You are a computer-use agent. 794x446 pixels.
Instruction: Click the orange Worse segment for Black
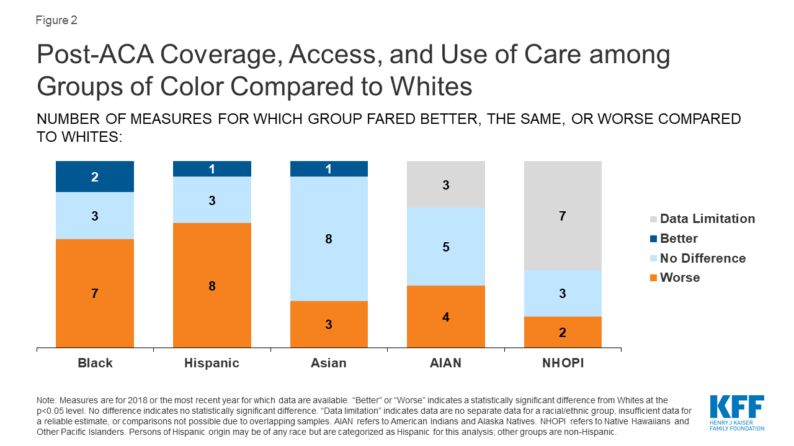click(95, 293)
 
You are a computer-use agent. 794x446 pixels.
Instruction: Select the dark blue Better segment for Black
click(95, 177)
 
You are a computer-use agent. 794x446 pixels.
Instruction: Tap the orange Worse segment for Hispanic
click(212, 285)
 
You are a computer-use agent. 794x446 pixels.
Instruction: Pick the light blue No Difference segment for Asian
click(329, 238)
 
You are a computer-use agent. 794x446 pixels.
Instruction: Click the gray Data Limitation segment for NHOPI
click(563, 215)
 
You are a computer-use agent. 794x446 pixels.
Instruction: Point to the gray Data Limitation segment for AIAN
click(445, 184)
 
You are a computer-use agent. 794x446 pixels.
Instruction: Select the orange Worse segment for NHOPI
click(563, 332)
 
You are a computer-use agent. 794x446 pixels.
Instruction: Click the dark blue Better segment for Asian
click(329, 168)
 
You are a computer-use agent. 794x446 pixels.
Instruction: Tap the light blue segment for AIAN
click(445, 247)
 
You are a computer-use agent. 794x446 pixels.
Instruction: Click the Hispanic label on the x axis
click(212, 363)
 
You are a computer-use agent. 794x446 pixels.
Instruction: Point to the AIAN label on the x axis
click(445, 363)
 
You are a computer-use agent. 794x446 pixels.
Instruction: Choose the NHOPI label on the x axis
click(563, 363)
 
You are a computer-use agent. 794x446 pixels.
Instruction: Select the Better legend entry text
click(679, 238)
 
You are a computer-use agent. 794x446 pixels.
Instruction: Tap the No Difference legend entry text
click(703, 258)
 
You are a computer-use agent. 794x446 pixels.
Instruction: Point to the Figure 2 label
click(56, 20)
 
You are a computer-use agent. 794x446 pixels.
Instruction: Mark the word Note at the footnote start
click(47, 400)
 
